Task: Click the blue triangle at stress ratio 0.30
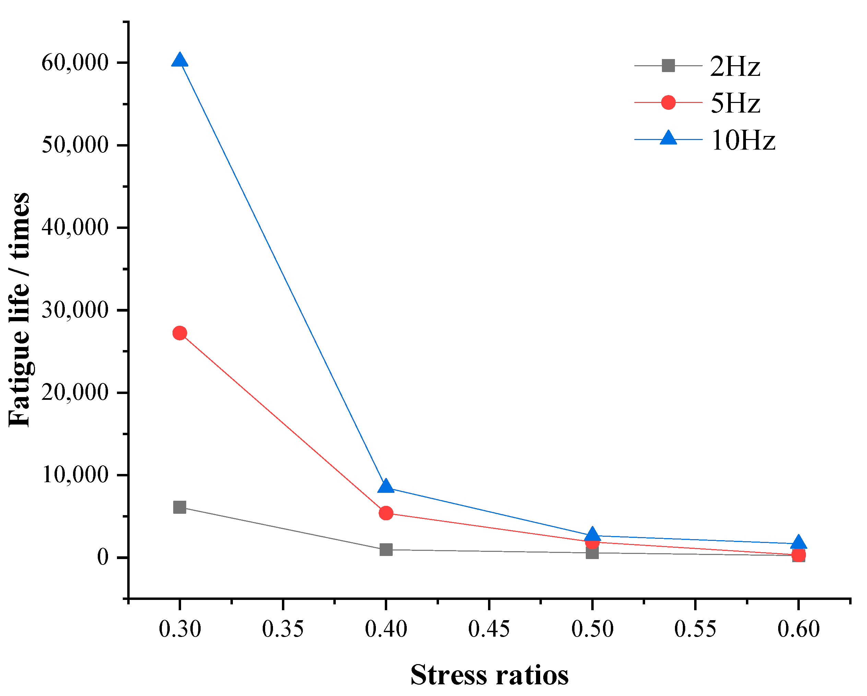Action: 180,60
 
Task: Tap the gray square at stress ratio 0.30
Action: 180,507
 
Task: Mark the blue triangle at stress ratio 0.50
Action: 592,534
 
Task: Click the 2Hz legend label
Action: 735,66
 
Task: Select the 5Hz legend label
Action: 735,103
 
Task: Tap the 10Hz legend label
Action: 743,140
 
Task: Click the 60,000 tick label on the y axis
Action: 75,62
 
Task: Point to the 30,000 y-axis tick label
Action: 75,310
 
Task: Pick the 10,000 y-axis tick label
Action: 75,475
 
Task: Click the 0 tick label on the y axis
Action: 103,557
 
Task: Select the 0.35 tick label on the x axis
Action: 283,629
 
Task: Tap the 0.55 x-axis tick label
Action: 695,629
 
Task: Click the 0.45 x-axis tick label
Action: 489,629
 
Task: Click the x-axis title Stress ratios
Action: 489,675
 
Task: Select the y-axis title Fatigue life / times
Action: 19,310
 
